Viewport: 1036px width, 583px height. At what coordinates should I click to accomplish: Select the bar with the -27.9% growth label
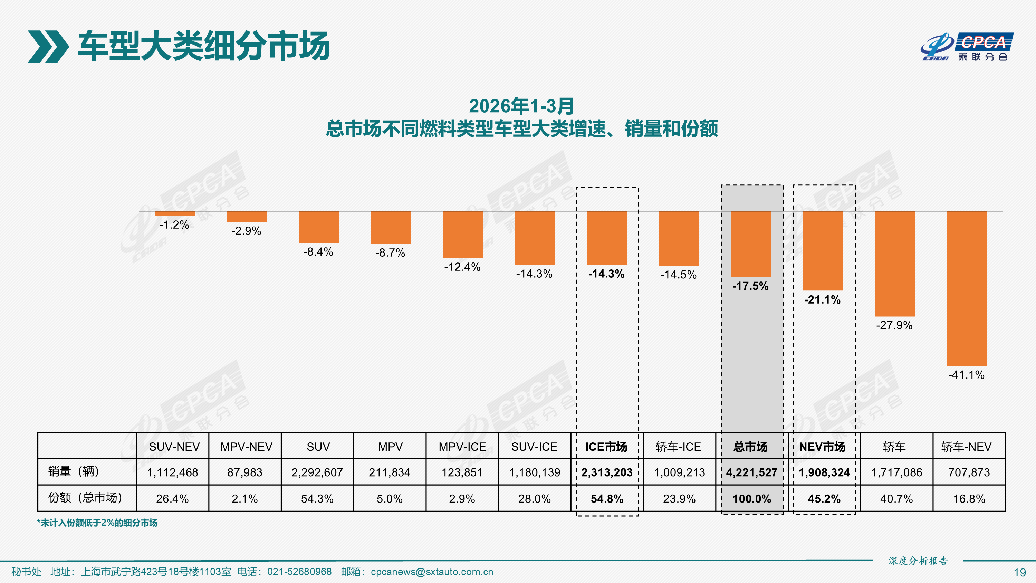point(894,264)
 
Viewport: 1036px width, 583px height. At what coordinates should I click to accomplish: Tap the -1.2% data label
point(174,224)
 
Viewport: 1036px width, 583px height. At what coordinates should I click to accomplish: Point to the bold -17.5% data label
point(750,286)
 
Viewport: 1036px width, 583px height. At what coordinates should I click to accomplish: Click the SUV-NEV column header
point(174,447)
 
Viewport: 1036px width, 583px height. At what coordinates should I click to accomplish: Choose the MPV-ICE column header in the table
point(462,447)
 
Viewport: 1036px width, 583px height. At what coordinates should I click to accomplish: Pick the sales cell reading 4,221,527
point(751,472)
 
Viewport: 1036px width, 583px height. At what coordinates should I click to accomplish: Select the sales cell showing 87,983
point(244,472)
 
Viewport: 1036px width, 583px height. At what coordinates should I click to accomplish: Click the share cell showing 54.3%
point(317,499)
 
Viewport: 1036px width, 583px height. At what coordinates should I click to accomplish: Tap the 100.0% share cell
point(751,499)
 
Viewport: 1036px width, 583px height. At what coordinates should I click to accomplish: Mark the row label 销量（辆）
point(74,471)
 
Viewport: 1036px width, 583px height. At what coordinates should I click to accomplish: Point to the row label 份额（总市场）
point(85,498)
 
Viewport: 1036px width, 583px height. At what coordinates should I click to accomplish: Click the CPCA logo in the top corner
point(967,47)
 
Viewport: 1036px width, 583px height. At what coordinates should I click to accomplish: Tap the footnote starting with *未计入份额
point(97,523)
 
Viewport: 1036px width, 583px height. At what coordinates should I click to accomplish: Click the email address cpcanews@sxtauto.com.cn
point(432,572)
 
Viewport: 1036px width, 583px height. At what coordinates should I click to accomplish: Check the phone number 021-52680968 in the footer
point(299,572)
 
